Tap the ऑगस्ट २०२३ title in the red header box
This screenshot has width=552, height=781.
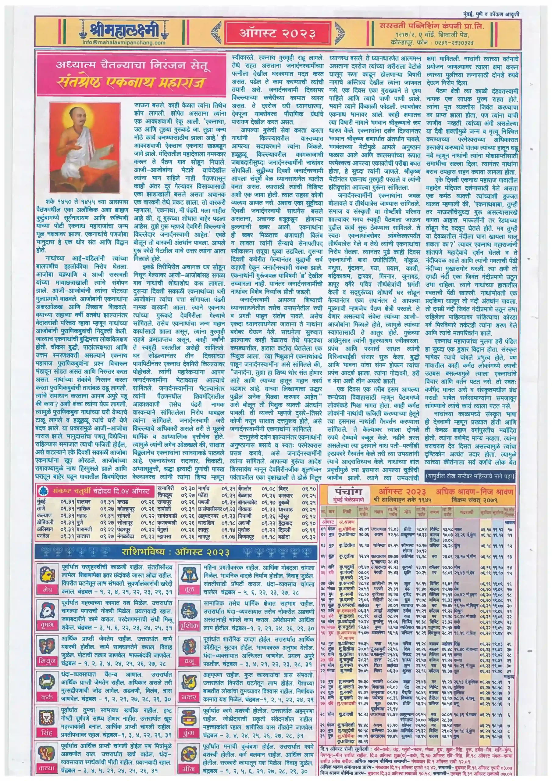(x=277, y=33)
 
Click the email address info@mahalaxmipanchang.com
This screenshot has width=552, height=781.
(x=124, y=43)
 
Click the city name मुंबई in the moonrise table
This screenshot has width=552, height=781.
(x=42, y=501)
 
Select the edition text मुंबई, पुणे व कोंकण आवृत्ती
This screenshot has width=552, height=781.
(x=491, y=14)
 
